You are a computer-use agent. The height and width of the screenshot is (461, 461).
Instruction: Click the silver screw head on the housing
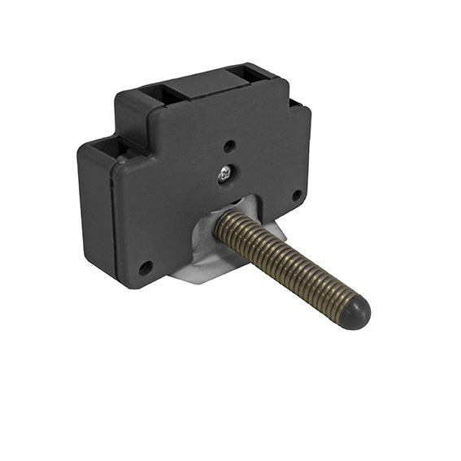click(225, 172)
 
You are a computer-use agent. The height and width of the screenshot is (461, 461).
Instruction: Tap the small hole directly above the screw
click(229, 146)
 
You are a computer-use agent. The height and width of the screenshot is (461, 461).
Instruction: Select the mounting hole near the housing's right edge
click(298, 195)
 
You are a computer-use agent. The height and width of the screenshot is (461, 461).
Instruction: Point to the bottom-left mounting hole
click(146, 267)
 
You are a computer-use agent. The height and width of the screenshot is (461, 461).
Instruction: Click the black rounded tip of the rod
click(354, 309)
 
